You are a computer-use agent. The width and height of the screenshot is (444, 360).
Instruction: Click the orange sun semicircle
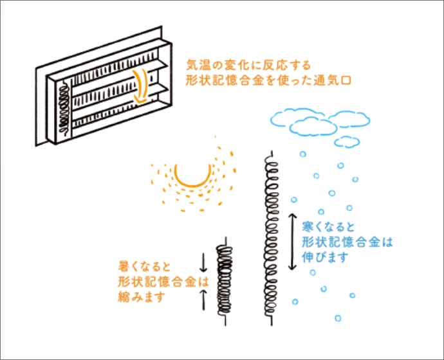click(192, 184)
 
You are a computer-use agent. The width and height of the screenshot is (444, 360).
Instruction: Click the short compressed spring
click(225, 281)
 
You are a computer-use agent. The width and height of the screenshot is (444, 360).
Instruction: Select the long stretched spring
click(272, 238)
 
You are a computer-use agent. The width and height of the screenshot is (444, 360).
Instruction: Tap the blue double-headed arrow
click(292, 242)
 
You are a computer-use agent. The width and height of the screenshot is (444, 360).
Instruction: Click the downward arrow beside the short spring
click(203, 262)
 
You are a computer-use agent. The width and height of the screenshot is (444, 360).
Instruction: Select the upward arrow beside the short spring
click(203, 299)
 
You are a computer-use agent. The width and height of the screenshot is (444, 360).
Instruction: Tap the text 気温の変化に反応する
click(248, 65)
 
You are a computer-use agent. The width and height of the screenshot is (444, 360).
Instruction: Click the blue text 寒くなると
click(328, 227)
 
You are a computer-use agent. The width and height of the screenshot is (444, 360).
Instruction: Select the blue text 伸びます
click(325, 257)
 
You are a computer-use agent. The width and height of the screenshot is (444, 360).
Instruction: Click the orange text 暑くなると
click(144, 266)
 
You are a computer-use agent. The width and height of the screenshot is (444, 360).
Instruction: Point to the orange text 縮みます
click(142, 297)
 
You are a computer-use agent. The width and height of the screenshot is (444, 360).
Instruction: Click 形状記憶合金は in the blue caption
click(347, 242)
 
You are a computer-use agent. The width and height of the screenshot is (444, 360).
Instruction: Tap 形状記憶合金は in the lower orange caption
click(163, 282)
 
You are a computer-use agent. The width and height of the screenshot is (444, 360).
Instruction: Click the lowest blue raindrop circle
click(338, 318)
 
